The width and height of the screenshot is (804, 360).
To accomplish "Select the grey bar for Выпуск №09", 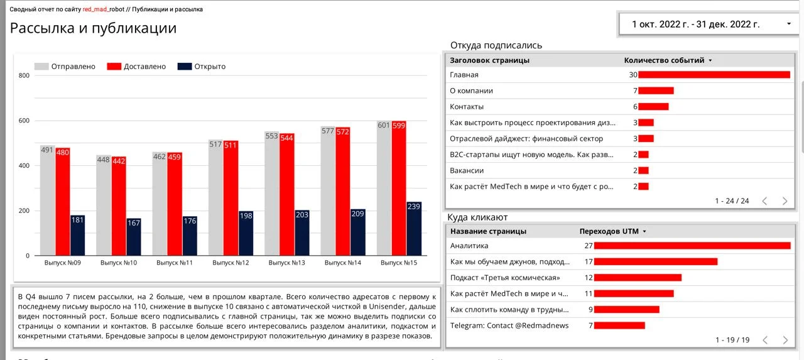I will coord(47,200).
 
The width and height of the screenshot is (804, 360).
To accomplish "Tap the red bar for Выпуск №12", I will coord(231,198).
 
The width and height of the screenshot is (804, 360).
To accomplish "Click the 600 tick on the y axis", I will coord(24,121).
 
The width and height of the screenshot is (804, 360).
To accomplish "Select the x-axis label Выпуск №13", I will coord(286,263).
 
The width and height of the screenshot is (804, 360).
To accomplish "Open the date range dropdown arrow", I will coord(789,24).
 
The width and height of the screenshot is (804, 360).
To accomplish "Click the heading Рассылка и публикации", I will coord(93,28).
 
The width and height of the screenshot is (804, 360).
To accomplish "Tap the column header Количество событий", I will coord(664,60).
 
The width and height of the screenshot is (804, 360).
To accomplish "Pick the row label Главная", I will coord(464,75).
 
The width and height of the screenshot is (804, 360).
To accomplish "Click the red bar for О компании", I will coord(656,90).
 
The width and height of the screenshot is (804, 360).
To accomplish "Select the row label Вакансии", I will coord(467,170).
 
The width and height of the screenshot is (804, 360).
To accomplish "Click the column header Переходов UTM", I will coord(609,231).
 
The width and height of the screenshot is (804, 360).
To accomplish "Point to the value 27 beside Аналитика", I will coord(589,246).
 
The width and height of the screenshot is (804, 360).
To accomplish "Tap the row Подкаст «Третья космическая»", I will coord(505,278).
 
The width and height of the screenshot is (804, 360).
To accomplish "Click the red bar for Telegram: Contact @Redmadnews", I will coord(619,325).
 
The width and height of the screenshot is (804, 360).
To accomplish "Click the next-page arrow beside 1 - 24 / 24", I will coord(785,201).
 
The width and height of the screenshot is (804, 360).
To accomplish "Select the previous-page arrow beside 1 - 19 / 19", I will coord(764,340).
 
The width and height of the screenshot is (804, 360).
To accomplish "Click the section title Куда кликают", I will coord(477,217).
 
